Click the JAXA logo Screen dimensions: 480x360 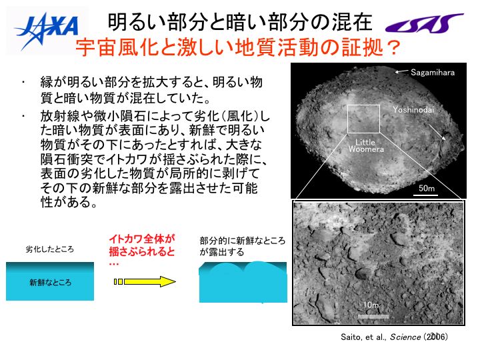click(x=46, y=31)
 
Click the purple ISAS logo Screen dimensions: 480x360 click(x=424, y=23)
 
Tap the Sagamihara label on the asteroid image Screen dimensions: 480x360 click(x=432, y=73)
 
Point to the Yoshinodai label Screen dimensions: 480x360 click(x=413, y=109)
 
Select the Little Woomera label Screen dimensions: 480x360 click(x=366, y=146)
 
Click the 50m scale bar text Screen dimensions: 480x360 click(x=427, y=188)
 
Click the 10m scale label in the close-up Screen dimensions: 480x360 click(x=371, y=305)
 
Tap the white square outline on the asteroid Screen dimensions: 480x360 click(x=363, y=105)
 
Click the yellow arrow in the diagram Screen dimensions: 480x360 click(x=145, y=281)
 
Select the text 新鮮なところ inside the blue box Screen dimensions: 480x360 click(x=50, y=282)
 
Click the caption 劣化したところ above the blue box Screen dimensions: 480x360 click(x=49, y=249)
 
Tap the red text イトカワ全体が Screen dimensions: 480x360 click(x=142, y=239)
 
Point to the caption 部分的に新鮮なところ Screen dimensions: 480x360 click(x=243, y=241)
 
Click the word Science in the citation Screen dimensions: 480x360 click(x=405, y=337)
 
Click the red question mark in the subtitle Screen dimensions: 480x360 click(x=393, y=47)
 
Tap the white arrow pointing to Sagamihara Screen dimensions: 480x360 click(x=401, y=71)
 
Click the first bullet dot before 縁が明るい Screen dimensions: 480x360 click(x=23, y=82)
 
